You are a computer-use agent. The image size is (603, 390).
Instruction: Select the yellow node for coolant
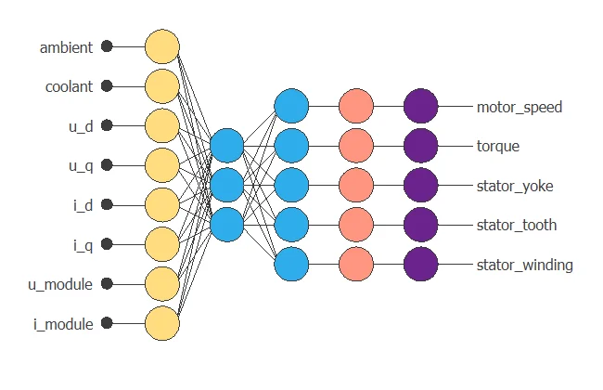pyautogui.click(x=161, y=86)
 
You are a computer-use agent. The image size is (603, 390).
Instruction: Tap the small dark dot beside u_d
pyautogui.click(x=107, y=125)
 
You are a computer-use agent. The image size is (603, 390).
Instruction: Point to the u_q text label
pyautogui.click(x=80, y=165)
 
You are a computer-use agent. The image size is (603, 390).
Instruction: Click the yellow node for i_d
pyautogui.click(x=161, y=205)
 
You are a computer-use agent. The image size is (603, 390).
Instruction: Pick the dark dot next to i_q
pyautogui.click(x=107, y=244)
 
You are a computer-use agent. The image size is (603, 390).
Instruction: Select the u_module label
pyautogui.click(x=59, y=284)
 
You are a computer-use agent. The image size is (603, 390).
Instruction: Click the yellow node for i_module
pyautogui.click(x=161, y=323)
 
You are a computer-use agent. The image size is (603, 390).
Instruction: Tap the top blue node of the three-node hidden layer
pyautogui.click(x=226, y=146)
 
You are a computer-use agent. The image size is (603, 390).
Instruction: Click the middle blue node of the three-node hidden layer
pyautogui.click(x=226, y=185)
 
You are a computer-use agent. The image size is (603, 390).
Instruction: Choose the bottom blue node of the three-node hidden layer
pyautogui.click(x=226, y=224)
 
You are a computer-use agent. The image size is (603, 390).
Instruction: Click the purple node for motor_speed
pyautogui.click(x=420, y=106)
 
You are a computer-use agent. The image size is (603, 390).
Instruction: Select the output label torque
pyautogui.click(x=498, y=146)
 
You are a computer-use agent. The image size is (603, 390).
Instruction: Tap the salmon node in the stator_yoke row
pyautogui.click(x=356, y=185)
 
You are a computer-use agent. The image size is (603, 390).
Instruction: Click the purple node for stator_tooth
pyautogui.click(x=420, y=225)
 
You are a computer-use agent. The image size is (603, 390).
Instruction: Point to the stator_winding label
pyautogui.click(x=524, y=265)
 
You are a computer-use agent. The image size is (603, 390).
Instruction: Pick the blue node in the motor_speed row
pyautogui.click(x=291, y=106)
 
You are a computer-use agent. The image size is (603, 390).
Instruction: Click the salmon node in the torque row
pyautogui.click(x=356, y=146)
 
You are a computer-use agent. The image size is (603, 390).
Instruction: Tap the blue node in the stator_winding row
pyautogui.click(x=291, y=264)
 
